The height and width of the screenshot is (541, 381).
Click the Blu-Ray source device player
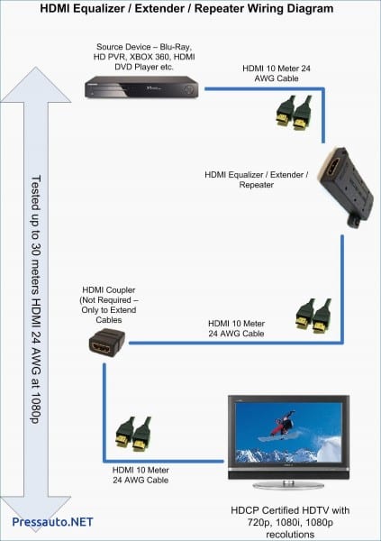point(141,88)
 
